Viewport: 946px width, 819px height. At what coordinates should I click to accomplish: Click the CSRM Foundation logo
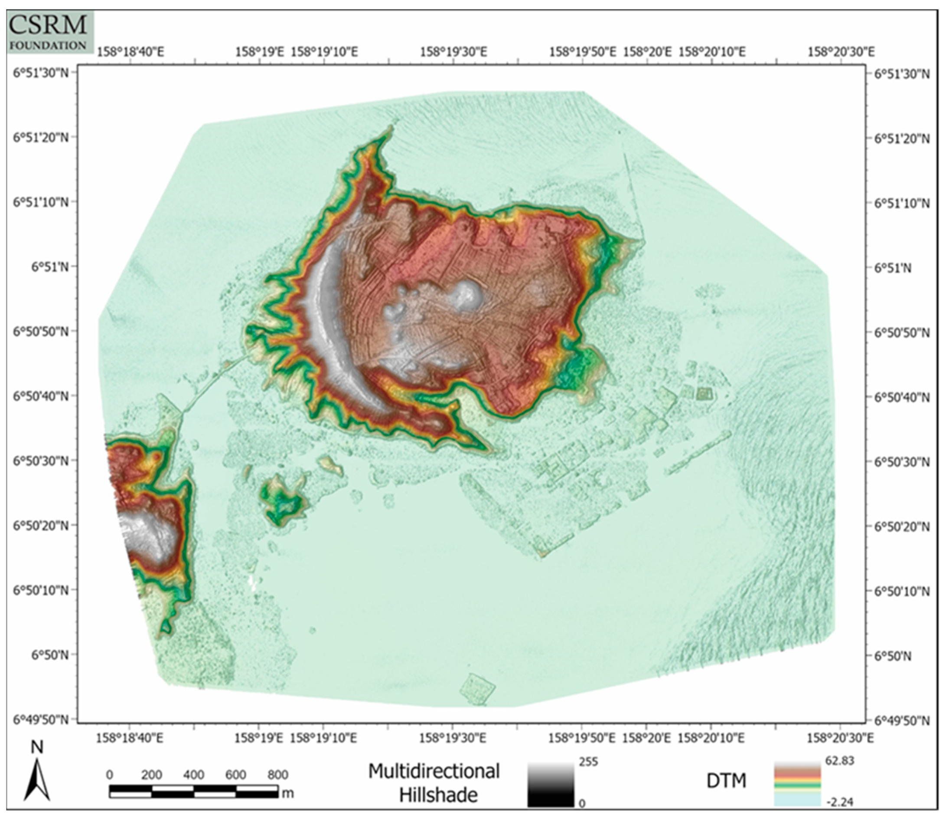coord(50,32)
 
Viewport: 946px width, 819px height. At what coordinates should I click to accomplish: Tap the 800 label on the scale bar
coord(277,775)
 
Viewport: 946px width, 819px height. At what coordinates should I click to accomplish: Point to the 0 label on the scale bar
coord(110,775)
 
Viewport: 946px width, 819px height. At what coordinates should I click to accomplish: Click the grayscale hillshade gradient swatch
coord(550,785)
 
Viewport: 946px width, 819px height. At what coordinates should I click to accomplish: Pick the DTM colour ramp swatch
coord(797,785)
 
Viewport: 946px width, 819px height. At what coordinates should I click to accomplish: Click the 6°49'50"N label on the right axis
coord(902,721)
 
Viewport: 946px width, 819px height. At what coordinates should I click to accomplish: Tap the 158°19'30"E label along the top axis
coord(453,51)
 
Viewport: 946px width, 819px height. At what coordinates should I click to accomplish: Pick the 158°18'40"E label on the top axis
coord(130,51)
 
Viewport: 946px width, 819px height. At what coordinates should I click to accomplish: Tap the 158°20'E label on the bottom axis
coord(647,738)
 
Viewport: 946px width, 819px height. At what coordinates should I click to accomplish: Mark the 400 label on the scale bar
coord(194,775)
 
